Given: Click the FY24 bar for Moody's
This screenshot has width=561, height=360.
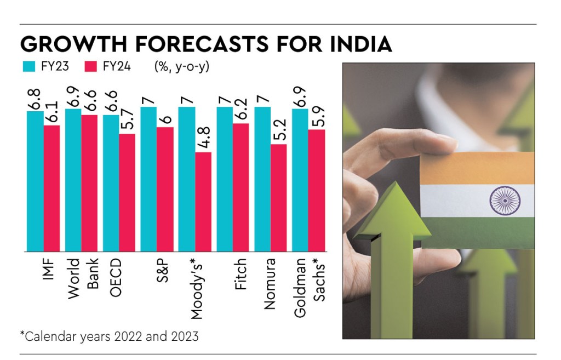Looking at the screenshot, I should [x=203, y=202].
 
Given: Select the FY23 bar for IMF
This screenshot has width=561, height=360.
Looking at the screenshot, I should [x=35, y=181].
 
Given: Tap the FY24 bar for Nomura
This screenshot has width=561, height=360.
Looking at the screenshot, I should [x=279, y=198].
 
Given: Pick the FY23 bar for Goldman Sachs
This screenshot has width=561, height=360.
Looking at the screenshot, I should [x=300, y=180].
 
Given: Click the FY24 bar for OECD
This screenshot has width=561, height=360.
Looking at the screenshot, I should [x=127, y=192].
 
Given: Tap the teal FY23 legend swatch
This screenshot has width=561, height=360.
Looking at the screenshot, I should [x=28, y=67].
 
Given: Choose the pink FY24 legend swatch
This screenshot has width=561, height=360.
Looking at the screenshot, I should [x=91, y=67].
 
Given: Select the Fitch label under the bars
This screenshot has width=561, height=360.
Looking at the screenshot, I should [x=241, y=273].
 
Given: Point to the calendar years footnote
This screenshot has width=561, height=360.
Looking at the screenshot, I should [x=109, y=336].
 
